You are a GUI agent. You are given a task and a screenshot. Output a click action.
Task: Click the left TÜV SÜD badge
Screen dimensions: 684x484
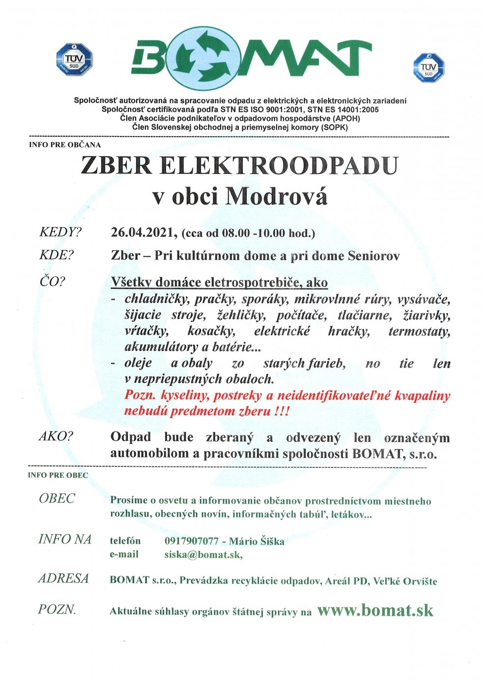[75, 59]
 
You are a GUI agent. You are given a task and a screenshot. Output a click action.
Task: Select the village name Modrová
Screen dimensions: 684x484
[276, 197]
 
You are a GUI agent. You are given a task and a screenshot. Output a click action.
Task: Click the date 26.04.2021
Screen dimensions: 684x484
[142, 232]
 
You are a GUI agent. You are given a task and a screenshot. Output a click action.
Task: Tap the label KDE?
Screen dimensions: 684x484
[56, 256]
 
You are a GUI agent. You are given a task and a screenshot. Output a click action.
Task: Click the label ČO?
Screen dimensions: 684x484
[53, 282]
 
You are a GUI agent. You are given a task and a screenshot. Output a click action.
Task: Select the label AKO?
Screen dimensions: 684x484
[56, 436]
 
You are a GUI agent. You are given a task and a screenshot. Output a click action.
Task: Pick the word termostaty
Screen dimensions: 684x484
[419, 331]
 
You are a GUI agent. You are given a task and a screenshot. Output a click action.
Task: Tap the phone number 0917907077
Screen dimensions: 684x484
[191, 541]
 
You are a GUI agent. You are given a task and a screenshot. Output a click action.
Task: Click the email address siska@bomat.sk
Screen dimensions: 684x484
[203, 554]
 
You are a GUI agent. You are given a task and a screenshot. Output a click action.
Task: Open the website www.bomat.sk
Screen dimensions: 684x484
[375, 610]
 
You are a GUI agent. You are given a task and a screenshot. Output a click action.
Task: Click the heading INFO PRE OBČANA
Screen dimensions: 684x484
[65, 145]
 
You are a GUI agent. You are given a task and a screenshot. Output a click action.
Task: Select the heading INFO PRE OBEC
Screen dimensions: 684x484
[58, 475]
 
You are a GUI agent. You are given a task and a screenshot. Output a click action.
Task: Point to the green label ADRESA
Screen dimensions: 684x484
[64, 578]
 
